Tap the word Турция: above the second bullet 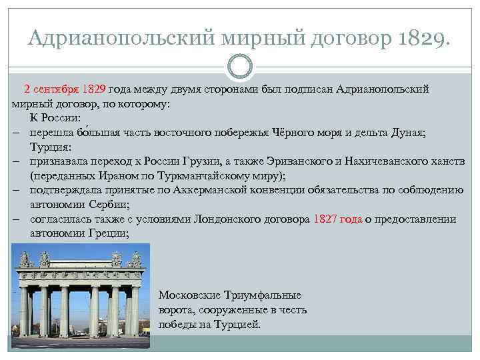coord(50,147)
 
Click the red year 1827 coord(325,219)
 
